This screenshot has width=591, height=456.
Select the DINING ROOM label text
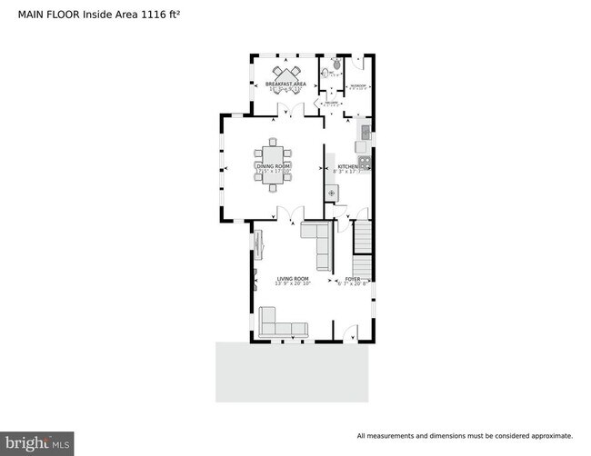[x=274, y=167]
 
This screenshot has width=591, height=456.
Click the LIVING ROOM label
[x=293, y=280]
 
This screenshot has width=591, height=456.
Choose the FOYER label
[x=353, y=280]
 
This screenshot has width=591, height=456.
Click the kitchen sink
[x=364, y=134]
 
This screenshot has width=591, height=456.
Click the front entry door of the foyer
[x=351, y=335]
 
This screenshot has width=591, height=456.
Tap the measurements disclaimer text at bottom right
[x=464, y=435]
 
